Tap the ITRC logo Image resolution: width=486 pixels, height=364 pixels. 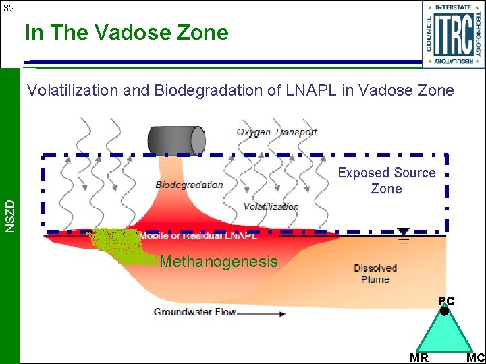[x=454, y=34]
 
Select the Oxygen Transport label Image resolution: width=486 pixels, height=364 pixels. [x=276, y=132]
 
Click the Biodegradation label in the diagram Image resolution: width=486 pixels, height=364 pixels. [x=189, y=185]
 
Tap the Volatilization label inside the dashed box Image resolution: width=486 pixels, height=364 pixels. [x=271, y=207]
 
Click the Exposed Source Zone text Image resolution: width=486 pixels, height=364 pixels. [x=387, y=181]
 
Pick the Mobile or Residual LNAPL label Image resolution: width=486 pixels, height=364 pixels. [x=198, y=236]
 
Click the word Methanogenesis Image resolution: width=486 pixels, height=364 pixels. [x=219, y=262]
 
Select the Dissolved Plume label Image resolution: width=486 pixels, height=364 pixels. [x=375, y=274]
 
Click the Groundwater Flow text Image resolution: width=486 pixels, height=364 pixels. [x=195, y=312]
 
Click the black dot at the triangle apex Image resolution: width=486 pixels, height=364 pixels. [x=444, y=311]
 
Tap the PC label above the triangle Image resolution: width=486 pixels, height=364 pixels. [x=446, y=301]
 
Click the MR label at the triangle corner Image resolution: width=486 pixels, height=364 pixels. [x=418, y=358]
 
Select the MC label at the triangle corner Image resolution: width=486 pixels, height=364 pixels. [x=475, y=358]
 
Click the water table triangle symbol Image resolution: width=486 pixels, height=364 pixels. [x=403, y=231]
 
